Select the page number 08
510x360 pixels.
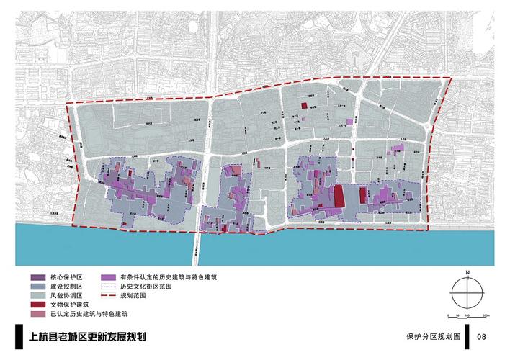tap(481, 336)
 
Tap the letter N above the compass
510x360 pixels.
tap(467, 273)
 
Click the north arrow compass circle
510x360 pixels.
tap(467, 294)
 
